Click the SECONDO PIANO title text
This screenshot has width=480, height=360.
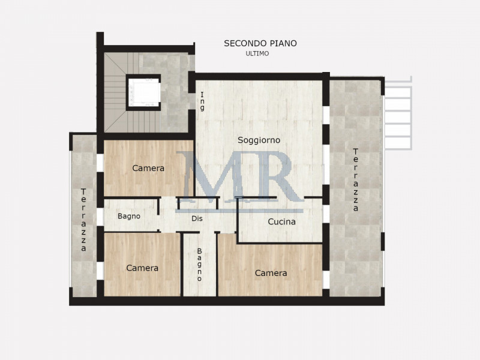(x=260, y=43)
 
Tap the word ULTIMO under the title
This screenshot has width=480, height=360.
(x=257, y=53)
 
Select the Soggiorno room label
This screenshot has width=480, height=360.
(x=259, y=140)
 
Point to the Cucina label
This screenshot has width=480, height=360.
(x=281, y=221)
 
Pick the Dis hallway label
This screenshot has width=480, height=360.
(x=197, y=218)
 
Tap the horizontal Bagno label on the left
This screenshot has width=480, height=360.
(x=129, y=216)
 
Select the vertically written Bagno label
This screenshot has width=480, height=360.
(x=199, y=265)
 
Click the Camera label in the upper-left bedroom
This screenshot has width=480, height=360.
(x=148, y=169)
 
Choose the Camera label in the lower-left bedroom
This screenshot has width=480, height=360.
(x=142, y=268)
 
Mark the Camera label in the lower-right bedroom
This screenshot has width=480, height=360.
(x=271, y=273)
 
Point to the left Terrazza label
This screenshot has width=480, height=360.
(x=83, y=220)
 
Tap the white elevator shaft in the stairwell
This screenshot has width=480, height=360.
(x=144, y=92)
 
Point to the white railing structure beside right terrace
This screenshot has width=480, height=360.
(x=397, y=114)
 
